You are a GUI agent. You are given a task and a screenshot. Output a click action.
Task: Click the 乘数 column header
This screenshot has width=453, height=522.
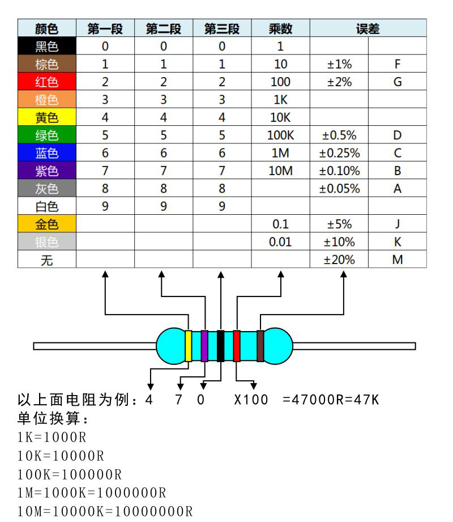pyautogui.click(x=280, y=28)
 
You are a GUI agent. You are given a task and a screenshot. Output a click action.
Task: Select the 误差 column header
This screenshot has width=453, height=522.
pyautogui.click(x=368, y=28)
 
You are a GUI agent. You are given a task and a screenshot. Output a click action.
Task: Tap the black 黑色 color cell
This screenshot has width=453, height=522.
pyautogui.click(x=47, y=46)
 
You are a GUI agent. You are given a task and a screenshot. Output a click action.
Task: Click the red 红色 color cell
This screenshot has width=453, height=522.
pyautogui.click(x=47, y=82)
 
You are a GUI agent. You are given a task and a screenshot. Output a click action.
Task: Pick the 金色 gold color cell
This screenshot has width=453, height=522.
pyautogui.click(x=47, y=224)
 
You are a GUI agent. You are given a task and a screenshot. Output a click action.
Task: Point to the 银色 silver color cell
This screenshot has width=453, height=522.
pyautogui.click(x=47, y=241)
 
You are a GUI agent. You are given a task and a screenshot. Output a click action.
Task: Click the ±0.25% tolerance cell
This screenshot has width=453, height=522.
pyautogui.click(x=339, y=153)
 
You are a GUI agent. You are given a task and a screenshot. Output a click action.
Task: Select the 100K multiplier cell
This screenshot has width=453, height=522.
pyautogui.click(x=280, y=135)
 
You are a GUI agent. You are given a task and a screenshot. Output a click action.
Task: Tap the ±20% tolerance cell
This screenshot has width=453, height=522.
pyautogui.click(x=339, y=260)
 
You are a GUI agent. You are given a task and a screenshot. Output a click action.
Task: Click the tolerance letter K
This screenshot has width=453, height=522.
pyautogui.click(x=398, y=241)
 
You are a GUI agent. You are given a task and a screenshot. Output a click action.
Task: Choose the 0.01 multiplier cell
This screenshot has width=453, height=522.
pyautogui.click(x=280, y=241)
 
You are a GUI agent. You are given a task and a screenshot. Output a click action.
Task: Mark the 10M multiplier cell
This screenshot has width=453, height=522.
pyautogui.click(x=280, y=171)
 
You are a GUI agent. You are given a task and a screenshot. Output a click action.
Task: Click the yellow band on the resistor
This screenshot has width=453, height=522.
pyautogui.click(x=188, y=346)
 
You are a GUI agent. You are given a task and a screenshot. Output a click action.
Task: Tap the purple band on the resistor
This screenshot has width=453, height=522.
pyautogui.click(x=204, y=346)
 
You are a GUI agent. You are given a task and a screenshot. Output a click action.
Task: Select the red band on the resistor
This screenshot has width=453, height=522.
pyautogui.click(x=237, y=346)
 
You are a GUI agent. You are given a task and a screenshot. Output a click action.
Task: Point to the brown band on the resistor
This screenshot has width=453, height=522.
pyautogui.click(x=260, y=346)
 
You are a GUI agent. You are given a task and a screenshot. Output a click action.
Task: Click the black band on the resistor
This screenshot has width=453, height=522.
pyautogui.click(x=220, y=346)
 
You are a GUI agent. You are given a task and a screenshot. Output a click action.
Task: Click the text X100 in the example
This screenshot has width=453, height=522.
pyautogui.click(x=251, y=400)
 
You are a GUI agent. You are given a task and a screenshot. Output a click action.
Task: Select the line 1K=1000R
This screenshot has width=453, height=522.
pyautogui.click(x=52, y=437)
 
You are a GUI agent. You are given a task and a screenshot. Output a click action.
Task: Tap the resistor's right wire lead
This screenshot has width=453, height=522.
pyautogui.click(x=354, y=346)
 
